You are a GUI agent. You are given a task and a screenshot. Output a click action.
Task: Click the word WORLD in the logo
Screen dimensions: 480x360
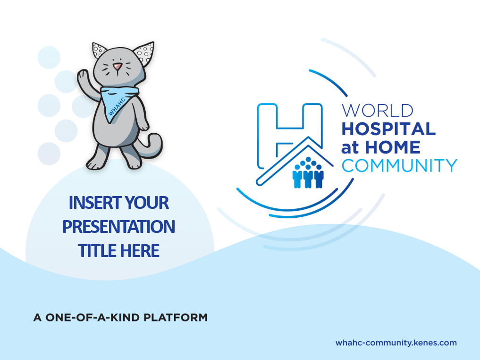click(x=378, y=111)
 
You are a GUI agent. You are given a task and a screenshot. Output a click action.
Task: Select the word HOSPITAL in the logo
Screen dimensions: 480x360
click(x=388, y=129)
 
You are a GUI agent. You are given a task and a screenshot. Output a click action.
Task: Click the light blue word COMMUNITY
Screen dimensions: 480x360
click(x=399, y=165)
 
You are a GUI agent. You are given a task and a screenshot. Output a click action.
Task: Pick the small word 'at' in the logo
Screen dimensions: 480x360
click(x=350, y=148)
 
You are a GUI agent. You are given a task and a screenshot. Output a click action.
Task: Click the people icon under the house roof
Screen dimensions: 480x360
click(x=308, y=172)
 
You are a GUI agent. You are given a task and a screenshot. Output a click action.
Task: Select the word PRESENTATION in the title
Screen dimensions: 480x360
click(x=119, y=226)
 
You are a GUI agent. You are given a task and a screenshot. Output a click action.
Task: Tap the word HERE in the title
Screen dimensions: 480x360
click(x=140, y=250)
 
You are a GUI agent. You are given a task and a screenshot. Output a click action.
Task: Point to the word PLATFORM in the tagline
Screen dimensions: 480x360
click(x=176, y=317)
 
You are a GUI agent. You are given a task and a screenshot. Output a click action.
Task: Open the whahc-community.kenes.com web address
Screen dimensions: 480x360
click(x=396, y=343)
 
